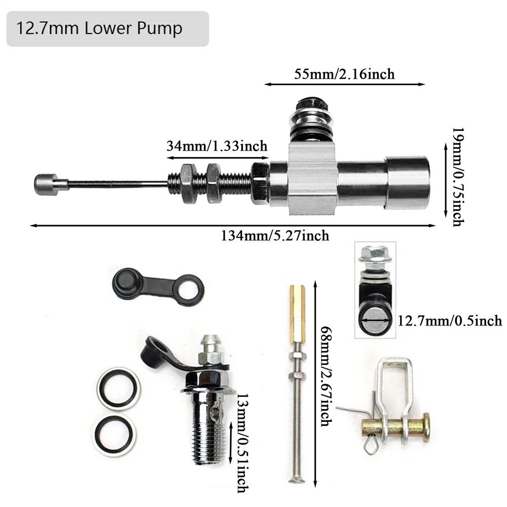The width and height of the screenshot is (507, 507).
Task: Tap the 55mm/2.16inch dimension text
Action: pos(344,74)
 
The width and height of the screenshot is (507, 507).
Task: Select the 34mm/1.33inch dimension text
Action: pos(216,147)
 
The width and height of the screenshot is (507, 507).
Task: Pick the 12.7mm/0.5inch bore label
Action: pos(449,320)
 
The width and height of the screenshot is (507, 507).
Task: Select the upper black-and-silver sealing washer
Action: pos(118,388)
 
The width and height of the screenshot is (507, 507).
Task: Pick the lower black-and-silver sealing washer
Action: pos(115,434)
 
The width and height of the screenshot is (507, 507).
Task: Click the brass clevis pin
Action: pos(395,427)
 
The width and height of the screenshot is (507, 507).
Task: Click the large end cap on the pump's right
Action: pos(408,183)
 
